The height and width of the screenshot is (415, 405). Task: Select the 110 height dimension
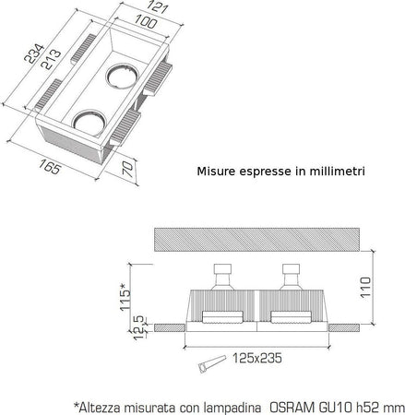coord(366,289)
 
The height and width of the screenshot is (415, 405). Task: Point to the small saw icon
coord(205,367)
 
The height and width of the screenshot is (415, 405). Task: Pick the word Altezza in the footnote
coord(99,403)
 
